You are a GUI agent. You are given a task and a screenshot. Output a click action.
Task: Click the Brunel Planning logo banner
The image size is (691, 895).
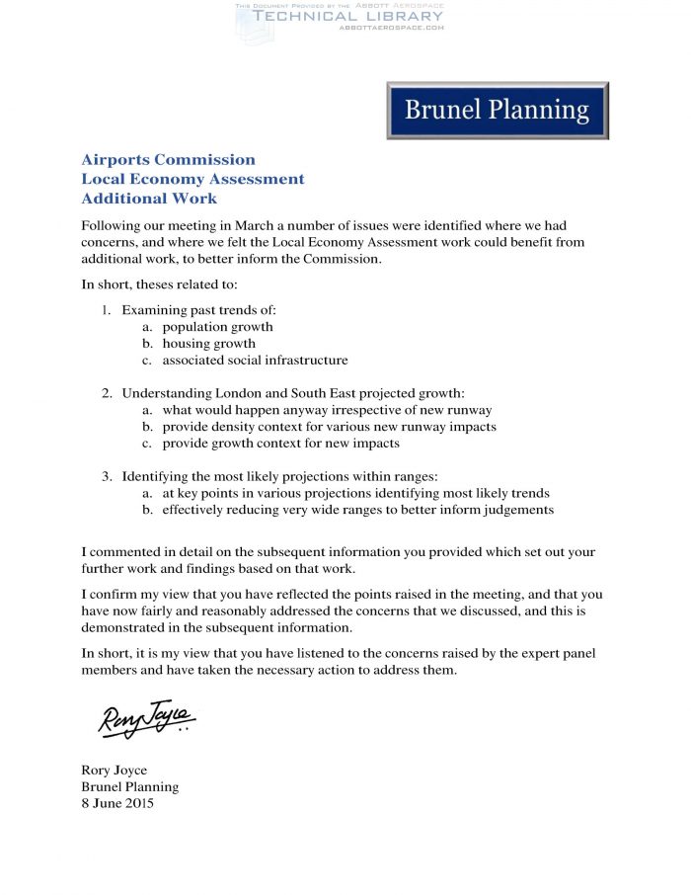[497, 110]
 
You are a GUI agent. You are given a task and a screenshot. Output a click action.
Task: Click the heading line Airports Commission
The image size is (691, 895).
[168, 160]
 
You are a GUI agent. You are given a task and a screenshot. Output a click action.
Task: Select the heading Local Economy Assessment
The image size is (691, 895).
[192, 179]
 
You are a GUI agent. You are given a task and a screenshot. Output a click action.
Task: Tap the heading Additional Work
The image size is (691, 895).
[149, 199]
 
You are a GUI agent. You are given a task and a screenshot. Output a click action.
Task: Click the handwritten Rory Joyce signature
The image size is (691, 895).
[146, 719]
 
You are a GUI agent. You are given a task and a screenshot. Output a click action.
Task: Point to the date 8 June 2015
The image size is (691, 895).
[117, 804]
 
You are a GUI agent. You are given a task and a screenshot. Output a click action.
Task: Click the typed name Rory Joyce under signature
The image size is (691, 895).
[114, 771]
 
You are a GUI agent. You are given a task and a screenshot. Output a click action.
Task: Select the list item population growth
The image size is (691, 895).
[218, 327]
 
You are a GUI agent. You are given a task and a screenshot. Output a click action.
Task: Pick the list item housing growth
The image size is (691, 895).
[209, 344]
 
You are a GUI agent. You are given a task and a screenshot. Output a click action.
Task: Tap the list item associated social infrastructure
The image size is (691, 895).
[255, 361]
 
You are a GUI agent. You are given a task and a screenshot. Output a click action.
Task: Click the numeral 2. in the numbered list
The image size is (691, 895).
[107, 393]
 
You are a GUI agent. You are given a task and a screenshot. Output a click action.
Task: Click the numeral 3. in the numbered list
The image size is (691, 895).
[107, 476]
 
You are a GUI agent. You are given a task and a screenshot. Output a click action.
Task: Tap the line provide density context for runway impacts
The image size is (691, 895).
[329, 427]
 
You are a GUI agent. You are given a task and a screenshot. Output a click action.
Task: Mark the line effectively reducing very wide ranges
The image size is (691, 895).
[357, 510]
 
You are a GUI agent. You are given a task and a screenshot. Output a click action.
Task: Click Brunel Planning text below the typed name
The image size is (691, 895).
[129, 787]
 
